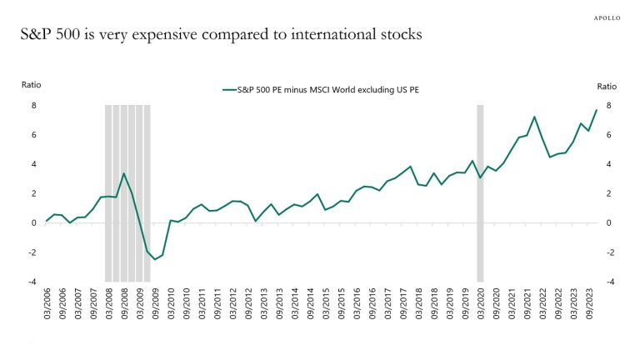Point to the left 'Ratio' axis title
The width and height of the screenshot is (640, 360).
pos(31,85)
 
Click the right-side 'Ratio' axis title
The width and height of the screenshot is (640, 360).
pos(607,85)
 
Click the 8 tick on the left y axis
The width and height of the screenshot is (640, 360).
pos(34,106)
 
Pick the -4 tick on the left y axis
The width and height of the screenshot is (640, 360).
pos(32,282)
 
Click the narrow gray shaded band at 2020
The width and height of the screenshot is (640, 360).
pos(480,192)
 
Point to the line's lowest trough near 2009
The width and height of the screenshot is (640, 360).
pos(155,259)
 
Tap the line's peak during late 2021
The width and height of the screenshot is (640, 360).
pos(534,117)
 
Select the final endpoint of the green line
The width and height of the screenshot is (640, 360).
pos(596,111)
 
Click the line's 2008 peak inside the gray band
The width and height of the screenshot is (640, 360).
pos(124,173)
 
